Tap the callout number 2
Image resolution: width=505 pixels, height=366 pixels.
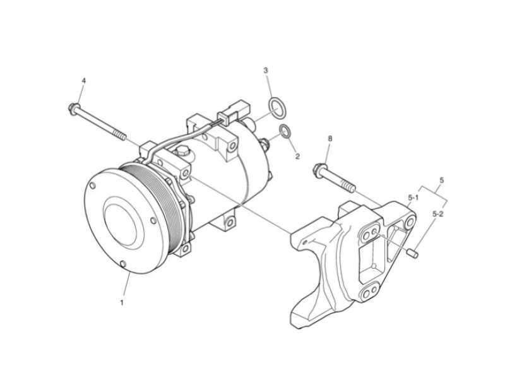pyautogui.click(x=297, y=155)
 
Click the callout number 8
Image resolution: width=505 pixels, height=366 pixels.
pyautogui.click(x=330, y=138)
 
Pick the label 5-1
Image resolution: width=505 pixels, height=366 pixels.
pyautogui.click(x=413, y=198)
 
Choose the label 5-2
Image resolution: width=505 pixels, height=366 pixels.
pyautogui.click(x=437, y=215)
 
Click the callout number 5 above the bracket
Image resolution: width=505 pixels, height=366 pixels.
pyautogui.click(x=441, y=180)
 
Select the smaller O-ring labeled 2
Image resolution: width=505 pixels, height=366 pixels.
pyautogui.click(x=285, y=132)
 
